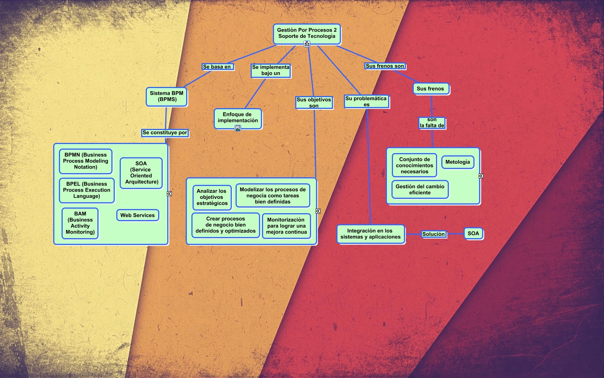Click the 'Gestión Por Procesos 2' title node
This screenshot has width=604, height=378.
pyautogui.click(x=307, y=33)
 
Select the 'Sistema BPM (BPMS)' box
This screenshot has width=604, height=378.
pyautogui.click(x=166, y=96)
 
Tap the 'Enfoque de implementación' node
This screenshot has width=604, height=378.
pyautogui.click(x=238, y=118)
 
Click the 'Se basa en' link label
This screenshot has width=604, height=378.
pyautogui.click(x=217, y=67)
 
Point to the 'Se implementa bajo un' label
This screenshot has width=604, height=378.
pyautogui.click(x=271, y=70)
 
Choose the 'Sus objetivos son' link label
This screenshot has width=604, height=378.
pyautogui.click(x=314, y=103)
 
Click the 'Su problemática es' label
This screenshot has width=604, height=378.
pyautogui.click(x=366, y=102)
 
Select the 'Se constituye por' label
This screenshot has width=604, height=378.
pyautogui.click(x=165, y=133)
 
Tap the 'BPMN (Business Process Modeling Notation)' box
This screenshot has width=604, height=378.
pyautogui.click(x=86, y=161)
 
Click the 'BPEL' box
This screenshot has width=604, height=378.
pyautogui.click(x=86, y=190)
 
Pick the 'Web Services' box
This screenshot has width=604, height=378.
pyautogui.click(x=137, y=215)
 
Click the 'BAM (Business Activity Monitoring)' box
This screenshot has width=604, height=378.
pyautogui.click(x=80, y=223)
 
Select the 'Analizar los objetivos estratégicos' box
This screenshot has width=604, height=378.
pyautogui.click(x=212, y=197)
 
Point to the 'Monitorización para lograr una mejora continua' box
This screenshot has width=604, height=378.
pyautogui.click(x=286, y=226)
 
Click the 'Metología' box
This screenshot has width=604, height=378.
pyautogui.click(x=458, y=162)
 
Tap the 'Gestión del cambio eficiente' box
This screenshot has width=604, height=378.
pyautogui.click(x=420, y=189)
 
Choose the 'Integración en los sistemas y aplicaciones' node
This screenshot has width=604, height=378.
pyautogui.click(x=370, y=234)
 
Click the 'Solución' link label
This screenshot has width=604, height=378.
pyautogui.click(x=433, y=234)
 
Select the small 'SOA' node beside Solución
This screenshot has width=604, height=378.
pyautogui.click(x=473, y=234)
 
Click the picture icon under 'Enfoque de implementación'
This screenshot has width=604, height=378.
pyautogui.click(x=238, y=129)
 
